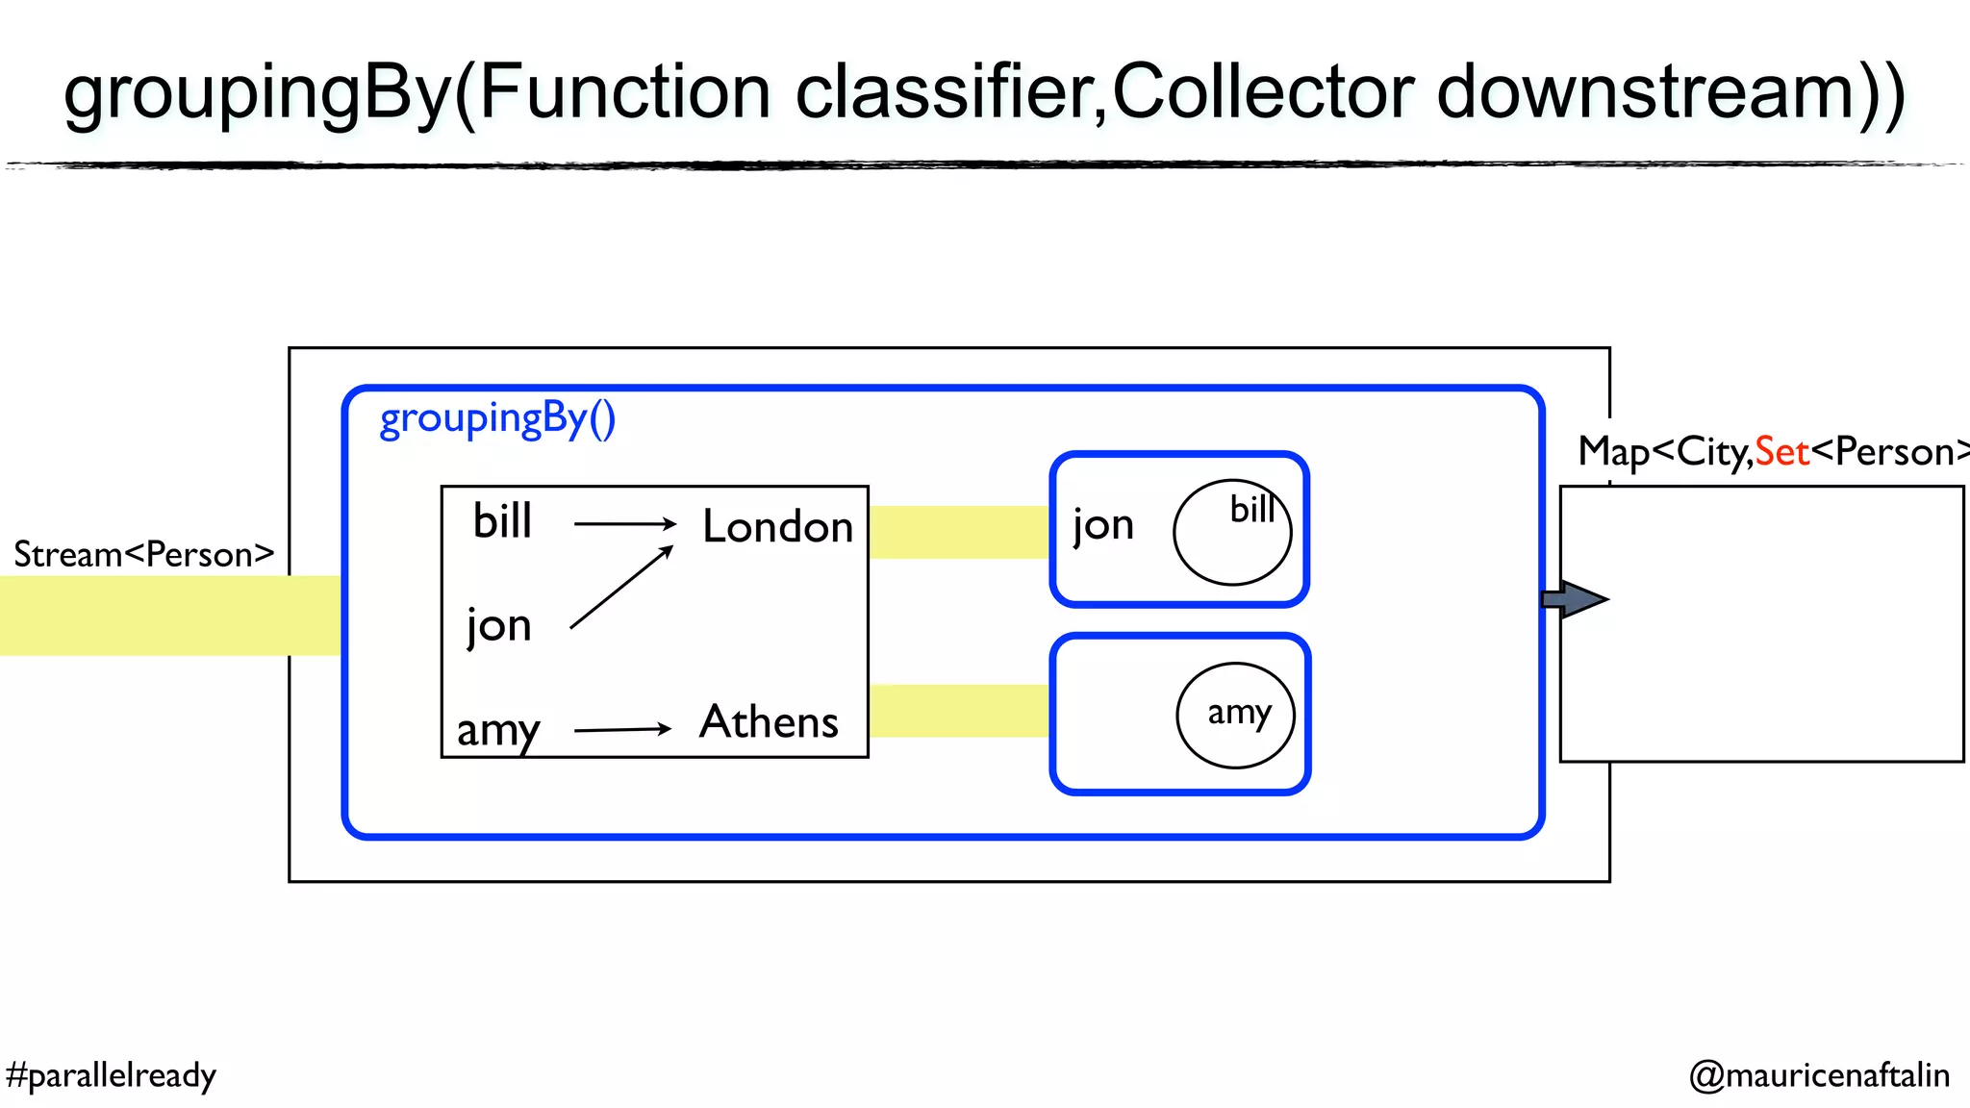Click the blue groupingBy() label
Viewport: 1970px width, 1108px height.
[497, 419]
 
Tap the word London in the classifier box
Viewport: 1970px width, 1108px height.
[777, 527]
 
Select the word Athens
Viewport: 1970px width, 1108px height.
[769, 722]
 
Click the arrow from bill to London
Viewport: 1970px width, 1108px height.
[625, 524]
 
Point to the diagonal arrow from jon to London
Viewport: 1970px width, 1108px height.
[620, 588]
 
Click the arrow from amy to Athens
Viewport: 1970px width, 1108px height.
[622, 730]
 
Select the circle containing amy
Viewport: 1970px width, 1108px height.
[1235, 715]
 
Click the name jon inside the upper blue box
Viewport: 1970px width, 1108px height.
[1103, 526]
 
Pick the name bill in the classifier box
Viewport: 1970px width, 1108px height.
[502, 522]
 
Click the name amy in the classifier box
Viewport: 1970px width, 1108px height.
[497, 730]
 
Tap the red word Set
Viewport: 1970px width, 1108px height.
[1781, 452]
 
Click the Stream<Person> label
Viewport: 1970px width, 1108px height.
[144, 555]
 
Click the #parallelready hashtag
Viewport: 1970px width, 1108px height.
[111, 1075]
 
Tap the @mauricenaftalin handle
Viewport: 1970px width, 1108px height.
[1819, 1075]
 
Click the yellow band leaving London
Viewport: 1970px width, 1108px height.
[959, 532]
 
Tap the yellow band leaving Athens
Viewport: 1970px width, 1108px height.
[959, 711]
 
